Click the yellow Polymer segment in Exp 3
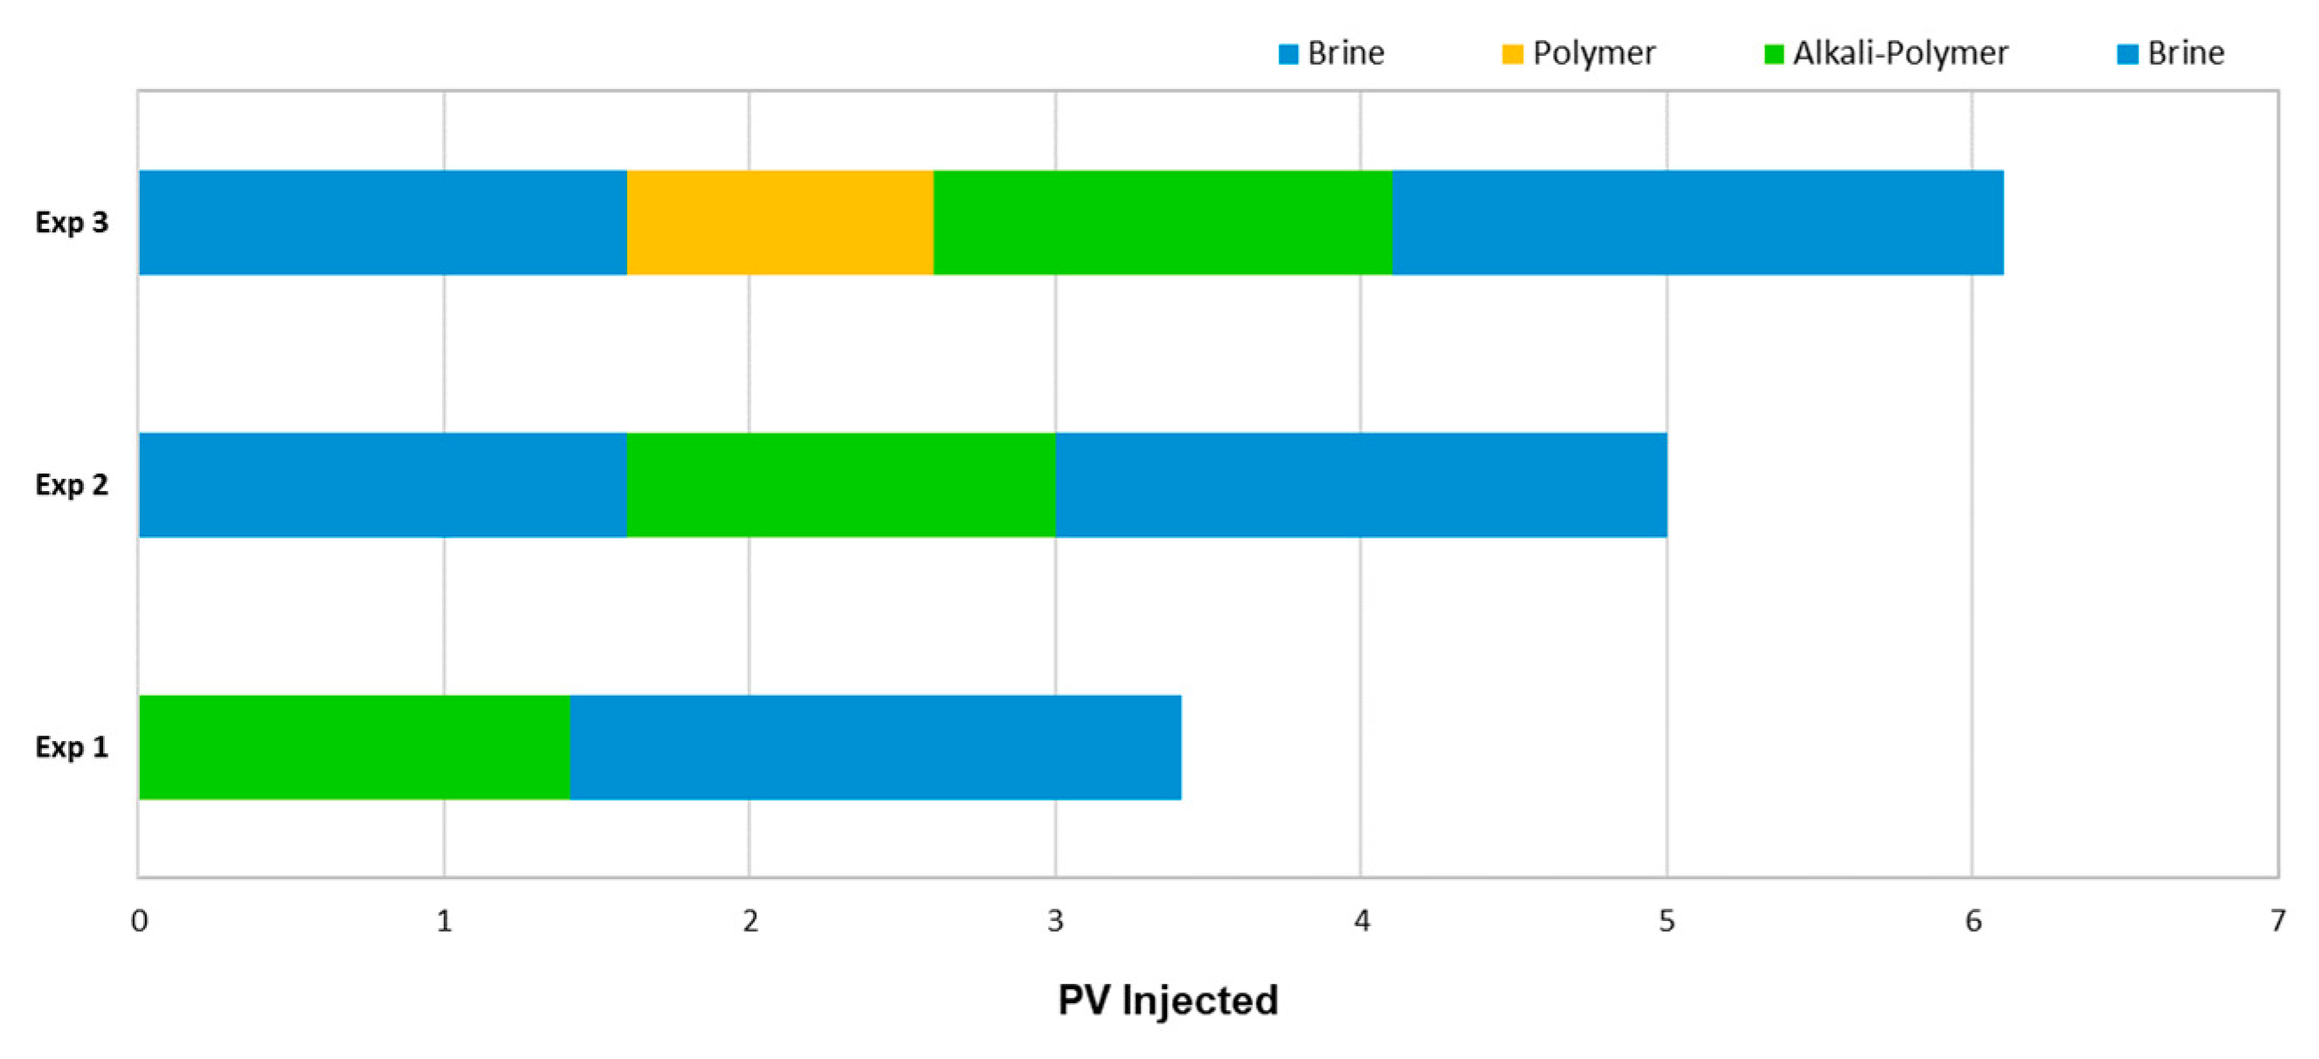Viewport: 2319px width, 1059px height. (780, 223)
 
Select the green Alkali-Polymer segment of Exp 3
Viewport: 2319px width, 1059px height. (1163, 223)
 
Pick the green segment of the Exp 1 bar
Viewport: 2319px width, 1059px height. (354, 746)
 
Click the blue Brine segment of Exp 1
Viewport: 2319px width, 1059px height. (875, 746)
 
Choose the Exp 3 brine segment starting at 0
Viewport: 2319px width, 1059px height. (383, 223)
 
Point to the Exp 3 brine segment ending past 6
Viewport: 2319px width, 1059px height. (1698, 223)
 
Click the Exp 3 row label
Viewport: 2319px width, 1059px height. (72, 223)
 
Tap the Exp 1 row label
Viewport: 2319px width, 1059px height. (72, 746)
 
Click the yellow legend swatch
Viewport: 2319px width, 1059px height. (1513, 54)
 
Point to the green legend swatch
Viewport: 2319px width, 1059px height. (1773, 54)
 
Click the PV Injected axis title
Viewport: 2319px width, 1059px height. (1168, 1000)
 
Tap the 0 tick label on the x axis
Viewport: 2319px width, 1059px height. (140, 920)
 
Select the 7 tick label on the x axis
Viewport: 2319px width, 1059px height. (2278, 920)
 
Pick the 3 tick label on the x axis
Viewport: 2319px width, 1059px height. (1055, 920)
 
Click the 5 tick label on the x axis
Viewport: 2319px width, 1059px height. (1667, 920)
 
